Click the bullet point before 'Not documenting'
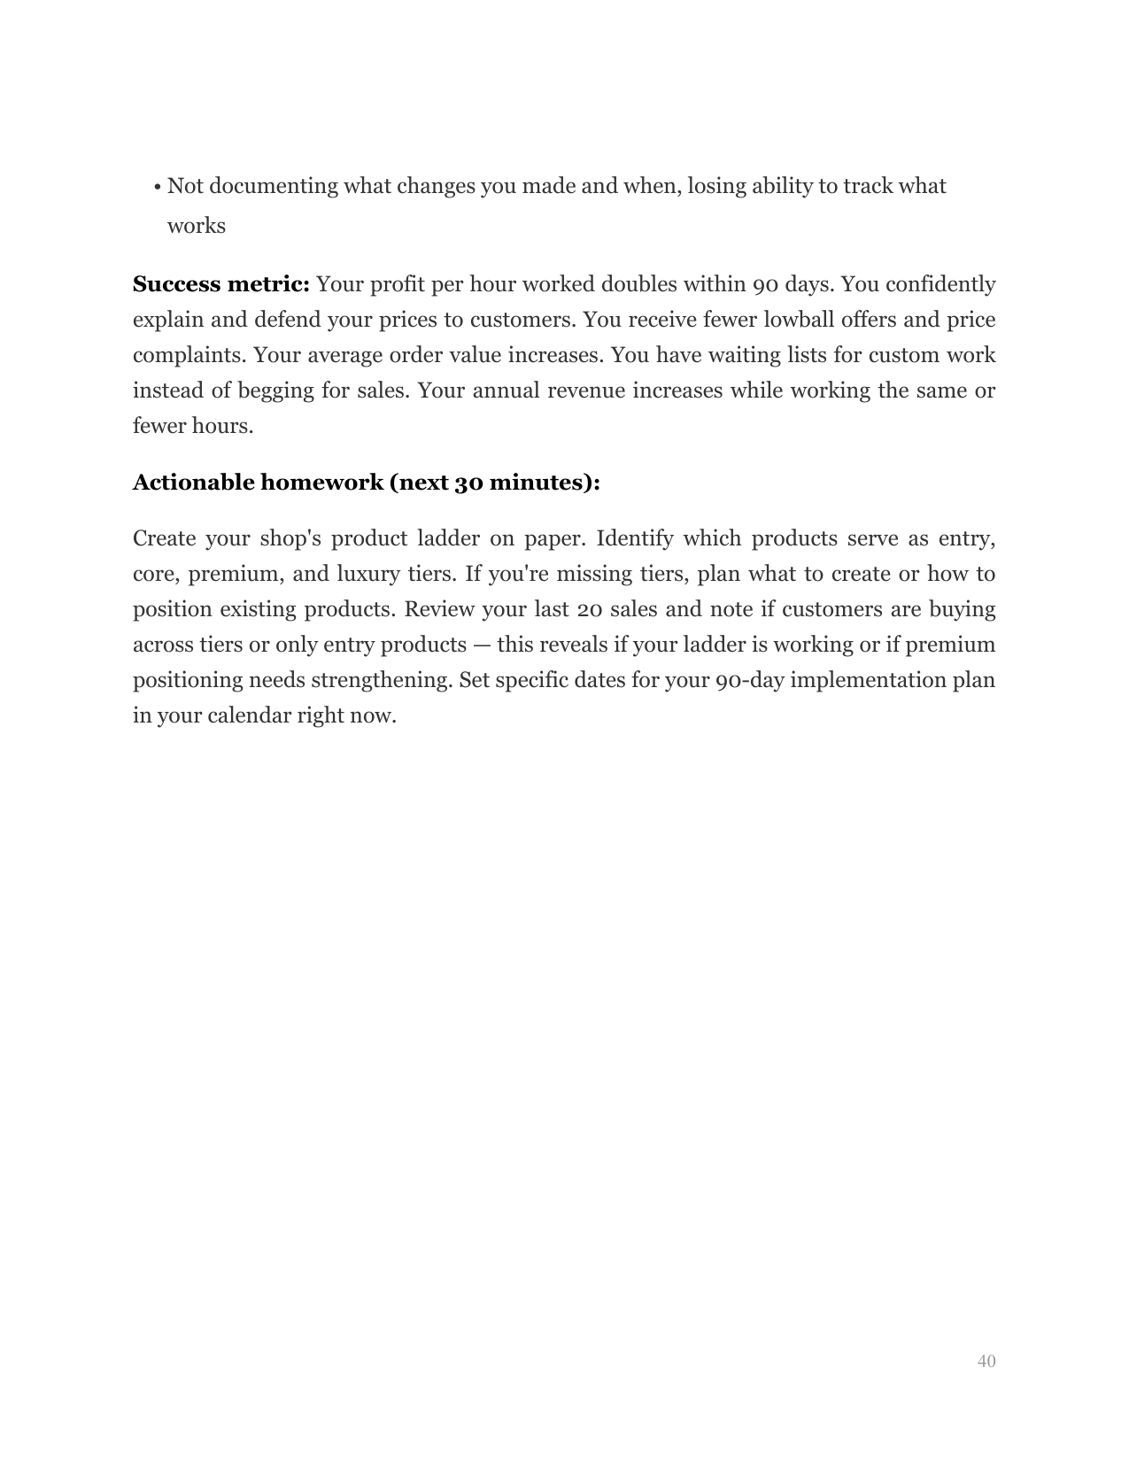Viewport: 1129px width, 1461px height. (x=157, y=188)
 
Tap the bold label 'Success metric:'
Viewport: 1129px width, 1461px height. (x=220, y=285)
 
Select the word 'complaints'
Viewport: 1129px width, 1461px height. (x=189, y=356)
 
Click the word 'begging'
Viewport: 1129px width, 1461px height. (x=273, y=391)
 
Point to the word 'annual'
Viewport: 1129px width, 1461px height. (x=506, y=391)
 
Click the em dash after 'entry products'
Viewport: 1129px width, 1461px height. (x=482, y=645)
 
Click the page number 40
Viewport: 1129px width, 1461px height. (x=986, y=1361)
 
